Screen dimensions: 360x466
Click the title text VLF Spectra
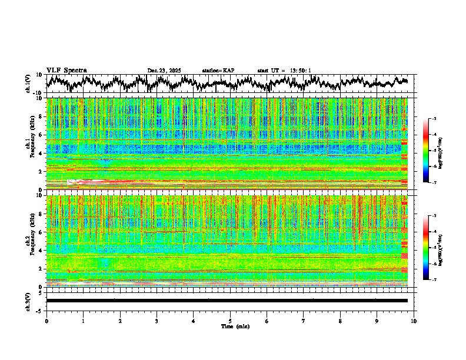point(66,71)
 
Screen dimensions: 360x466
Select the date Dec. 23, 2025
point(164,71)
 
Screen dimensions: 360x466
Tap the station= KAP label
point(218,71)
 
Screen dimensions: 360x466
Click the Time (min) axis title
point(235,326)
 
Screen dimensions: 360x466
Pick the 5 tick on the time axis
point(230,321)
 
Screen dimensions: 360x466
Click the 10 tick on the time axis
point(414,321)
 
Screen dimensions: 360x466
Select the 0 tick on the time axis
point(46,321)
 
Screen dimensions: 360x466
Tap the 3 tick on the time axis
point(157,321)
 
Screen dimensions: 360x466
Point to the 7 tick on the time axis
point(304,321)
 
